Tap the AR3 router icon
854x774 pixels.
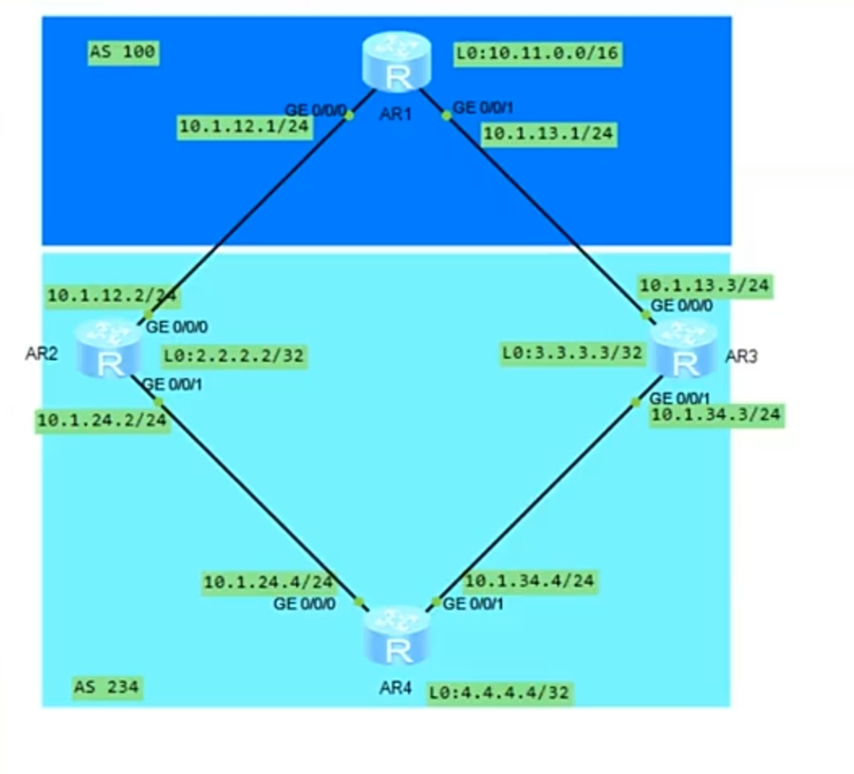click(684, 349)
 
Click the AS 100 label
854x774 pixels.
click(123, 54)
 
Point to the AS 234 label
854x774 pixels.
click(107, 688)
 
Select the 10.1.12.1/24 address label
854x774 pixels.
click(244, 127)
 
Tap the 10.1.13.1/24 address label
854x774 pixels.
click(548, 134)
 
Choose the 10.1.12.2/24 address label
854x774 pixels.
click(114, 295)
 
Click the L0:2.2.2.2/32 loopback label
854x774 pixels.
click(234, 355)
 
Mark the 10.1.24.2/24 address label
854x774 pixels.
click(102, 420)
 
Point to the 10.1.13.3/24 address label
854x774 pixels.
click(705, 286)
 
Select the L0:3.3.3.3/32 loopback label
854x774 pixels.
click(573, 353)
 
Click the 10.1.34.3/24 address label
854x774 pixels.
click(716, 415)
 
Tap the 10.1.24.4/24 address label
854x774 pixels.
click(268, 582)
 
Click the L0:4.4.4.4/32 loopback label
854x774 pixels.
click(500, 693)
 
